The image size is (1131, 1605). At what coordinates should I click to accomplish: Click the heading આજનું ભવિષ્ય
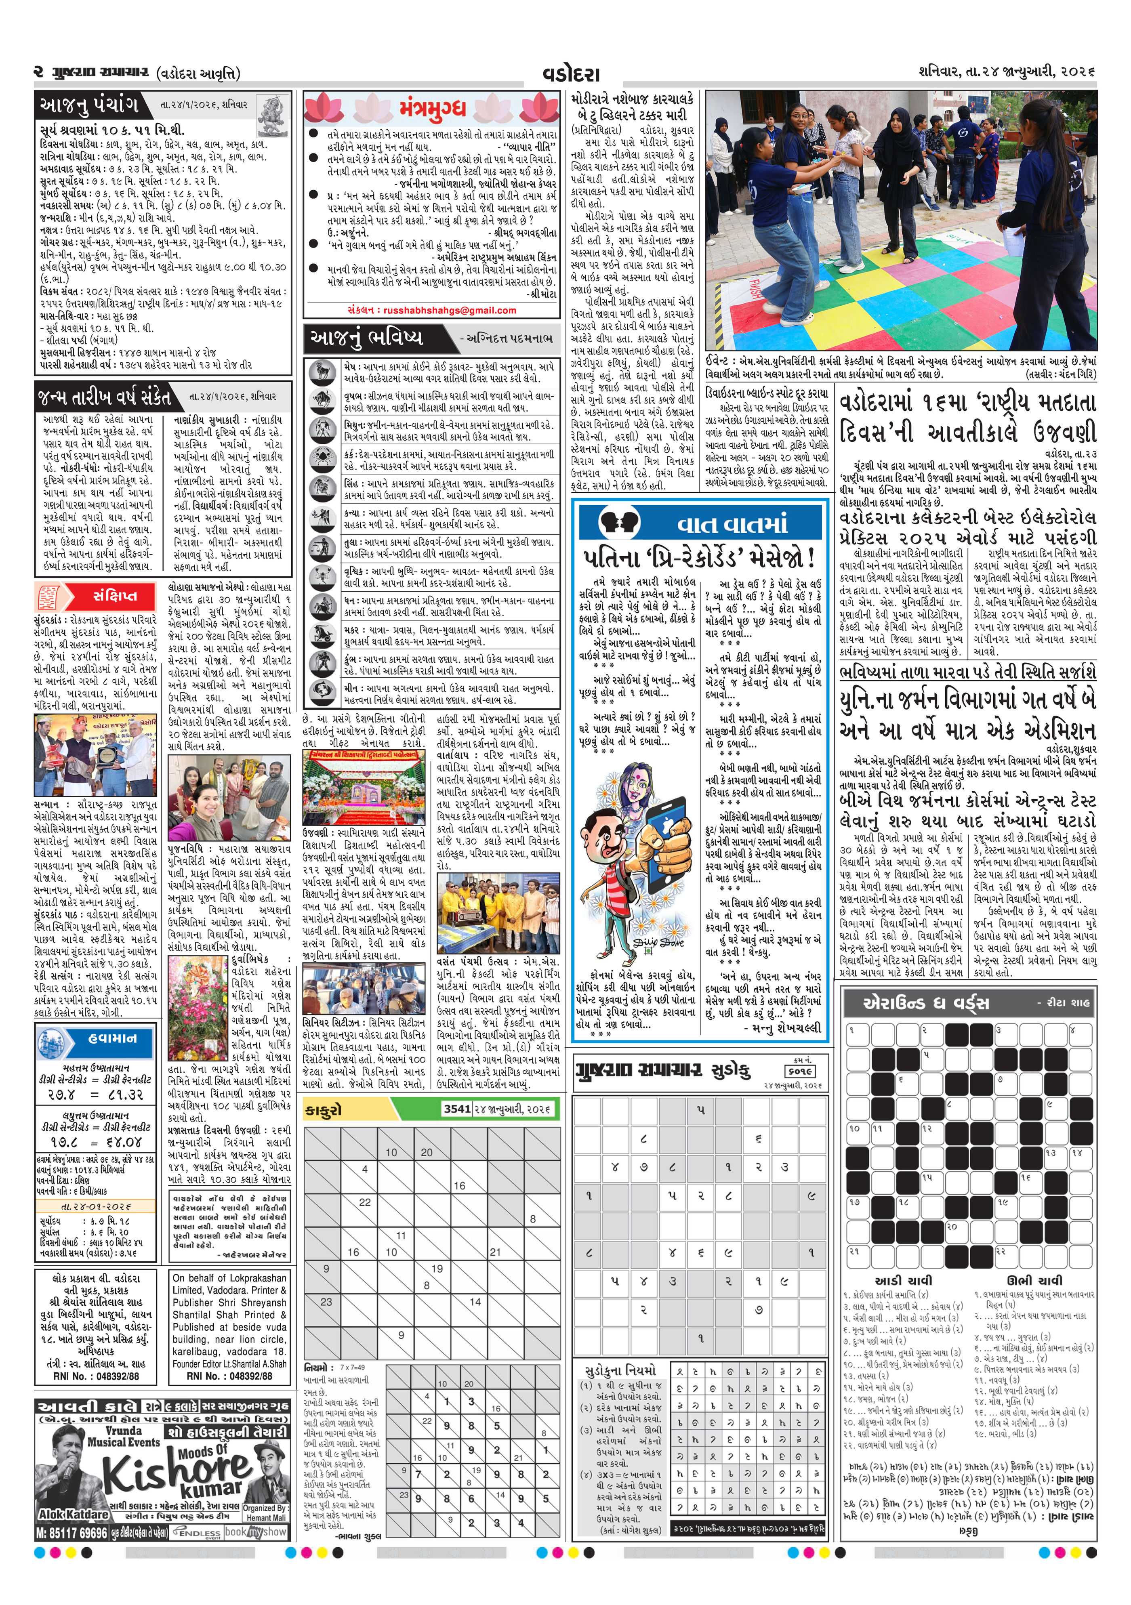point(368,338)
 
